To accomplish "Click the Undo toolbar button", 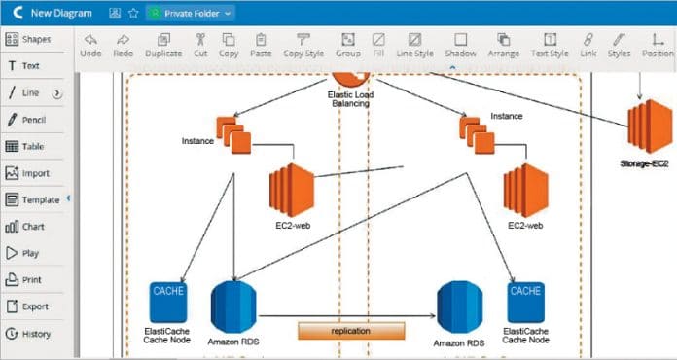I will tap(90, 45).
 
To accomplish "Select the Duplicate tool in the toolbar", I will tap(162, 45).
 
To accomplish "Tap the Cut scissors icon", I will tap(200, 45).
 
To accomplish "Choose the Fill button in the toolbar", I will tap(378, 45).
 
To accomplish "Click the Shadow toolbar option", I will tap(460, 45).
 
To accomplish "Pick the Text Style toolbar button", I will tap(550, 45).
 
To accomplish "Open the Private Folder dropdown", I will tap(190, 13).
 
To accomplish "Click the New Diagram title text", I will tap(62, 13).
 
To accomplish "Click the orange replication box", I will tap(351, 331).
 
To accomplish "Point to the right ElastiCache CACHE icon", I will tap(525, 302).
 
